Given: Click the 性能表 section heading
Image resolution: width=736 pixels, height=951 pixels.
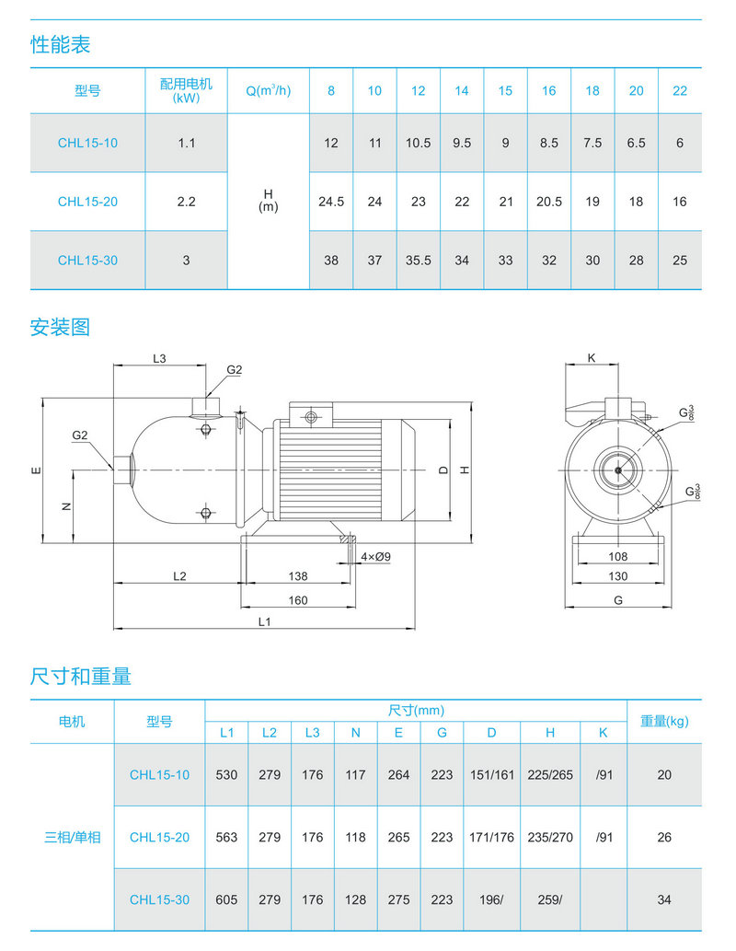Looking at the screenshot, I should click(61, 44).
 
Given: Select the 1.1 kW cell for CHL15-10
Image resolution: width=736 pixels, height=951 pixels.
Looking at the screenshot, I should click(186, 143).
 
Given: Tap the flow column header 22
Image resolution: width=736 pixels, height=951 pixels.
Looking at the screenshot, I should click(679, 90).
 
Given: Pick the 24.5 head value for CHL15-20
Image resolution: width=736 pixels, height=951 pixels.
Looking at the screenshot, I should click(331, 202).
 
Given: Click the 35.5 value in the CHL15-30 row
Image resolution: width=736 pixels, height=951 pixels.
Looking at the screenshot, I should click(419, 261).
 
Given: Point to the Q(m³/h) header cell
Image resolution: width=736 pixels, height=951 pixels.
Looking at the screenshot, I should click(268, 90).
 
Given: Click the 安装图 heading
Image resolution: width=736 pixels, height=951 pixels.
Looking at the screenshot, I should click(61, 327).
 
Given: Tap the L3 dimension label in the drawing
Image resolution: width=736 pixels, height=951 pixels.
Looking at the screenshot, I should click(159, 358).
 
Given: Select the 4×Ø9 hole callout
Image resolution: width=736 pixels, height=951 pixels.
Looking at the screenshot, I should click(376, 557).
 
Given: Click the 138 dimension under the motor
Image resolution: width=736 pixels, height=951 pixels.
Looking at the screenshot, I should click(298, 575).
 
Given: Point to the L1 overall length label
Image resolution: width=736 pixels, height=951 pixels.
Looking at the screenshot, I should click(264, 621).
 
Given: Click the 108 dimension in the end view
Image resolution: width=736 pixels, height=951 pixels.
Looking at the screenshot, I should click(618, 556).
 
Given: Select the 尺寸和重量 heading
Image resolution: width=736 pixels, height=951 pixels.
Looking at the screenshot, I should click(81, 677).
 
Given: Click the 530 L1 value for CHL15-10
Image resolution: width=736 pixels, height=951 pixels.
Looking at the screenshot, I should click(226, 775).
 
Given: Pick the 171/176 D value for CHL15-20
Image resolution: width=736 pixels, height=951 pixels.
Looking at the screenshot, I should click(492, 838).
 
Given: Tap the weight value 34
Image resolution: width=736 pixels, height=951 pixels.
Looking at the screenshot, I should click(664, 899).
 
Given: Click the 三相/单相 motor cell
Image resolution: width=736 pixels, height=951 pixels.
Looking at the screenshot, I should click(73, 838).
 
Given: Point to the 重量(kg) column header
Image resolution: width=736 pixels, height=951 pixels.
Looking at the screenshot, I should click(664, 721).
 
